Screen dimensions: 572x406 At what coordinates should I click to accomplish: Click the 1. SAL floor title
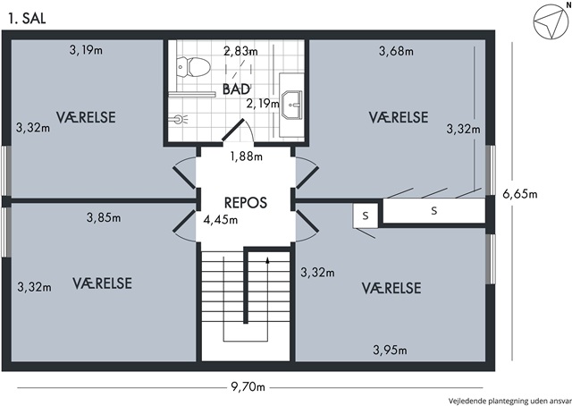[28, 18]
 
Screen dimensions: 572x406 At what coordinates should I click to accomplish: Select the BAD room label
[236, 89]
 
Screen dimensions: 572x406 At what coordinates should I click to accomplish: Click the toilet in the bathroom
[193, 67]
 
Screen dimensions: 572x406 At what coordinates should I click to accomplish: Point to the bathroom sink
[292, 105]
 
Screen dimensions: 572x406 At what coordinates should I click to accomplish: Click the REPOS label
[246, 203]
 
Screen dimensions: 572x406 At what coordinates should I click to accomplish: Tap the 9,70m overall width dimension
[248, 386]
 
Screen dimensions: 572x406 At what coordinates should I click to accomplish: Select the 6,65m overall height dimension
[520, 193]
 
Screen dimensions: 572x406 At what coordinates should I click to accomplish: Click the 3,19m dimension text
[86, 50]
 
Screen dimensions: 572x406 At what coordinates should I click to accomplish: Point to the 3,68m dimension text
[396, 51]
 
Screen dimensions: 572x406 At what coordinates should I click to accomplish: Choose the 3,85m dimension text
[104, 217]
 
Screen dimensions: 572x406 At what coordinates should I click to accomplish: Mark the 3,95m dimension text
[390, 351]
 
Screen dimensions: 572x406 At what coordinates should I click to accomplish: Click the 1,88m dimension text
[246, 156]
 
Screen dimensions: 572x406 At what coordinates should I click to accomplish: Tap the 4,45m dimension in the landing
[221, 220]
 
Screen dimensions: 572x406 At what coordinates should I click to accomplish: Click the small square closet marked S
[366, 216]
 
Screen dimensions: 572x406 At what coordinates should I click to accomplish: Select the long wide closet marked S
[433, 211]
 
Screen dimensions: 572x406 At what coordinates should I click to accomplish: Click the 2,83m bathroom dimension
[240, 52]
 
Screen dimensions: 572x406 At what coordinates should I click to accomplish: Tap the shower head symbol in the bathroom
[179, 119]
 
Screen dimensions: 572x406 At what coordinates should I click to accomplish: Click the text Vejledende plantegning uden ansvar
[510, 401]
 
